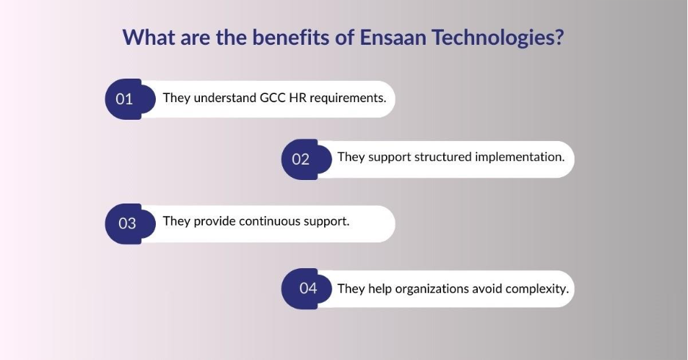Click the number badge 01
click(130, 99)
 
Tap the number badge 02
click(307, 159)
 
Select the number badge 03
click(130, 223)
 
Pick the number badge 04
click(307, 289)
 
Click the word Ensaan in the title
click(393, 37)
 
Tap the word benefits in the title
click(291, 37)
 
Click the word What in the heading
click(148, 37)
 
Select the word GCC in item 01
click(273, 98)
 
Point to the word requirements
click(348, 98)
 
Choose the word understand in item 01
click(225, 98)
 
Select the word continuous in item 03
click(270, 221)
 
